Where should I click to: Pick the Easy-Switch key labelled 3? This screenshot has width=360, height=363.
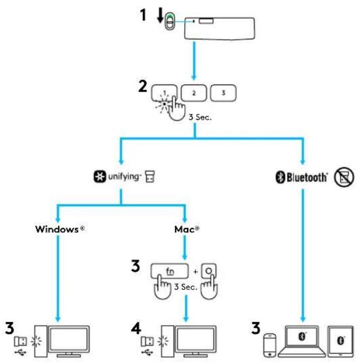click(x=223, y=93)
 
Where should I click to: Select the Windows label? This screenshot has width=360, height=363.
click(x=58, y=228)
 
